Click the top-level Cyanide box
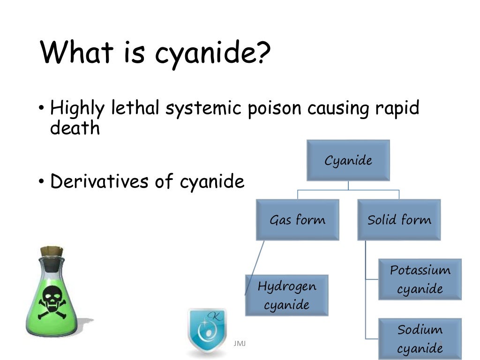point(348,160)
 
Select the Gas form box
point(297,220)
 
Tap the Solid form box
point(399,220)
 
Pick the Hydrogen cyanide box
point(286,295)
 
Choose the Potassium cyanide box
point(420,279)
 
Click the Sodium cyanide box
point(420,338)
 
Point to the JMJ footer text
point(240,344)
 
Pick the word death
point(75,128)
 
